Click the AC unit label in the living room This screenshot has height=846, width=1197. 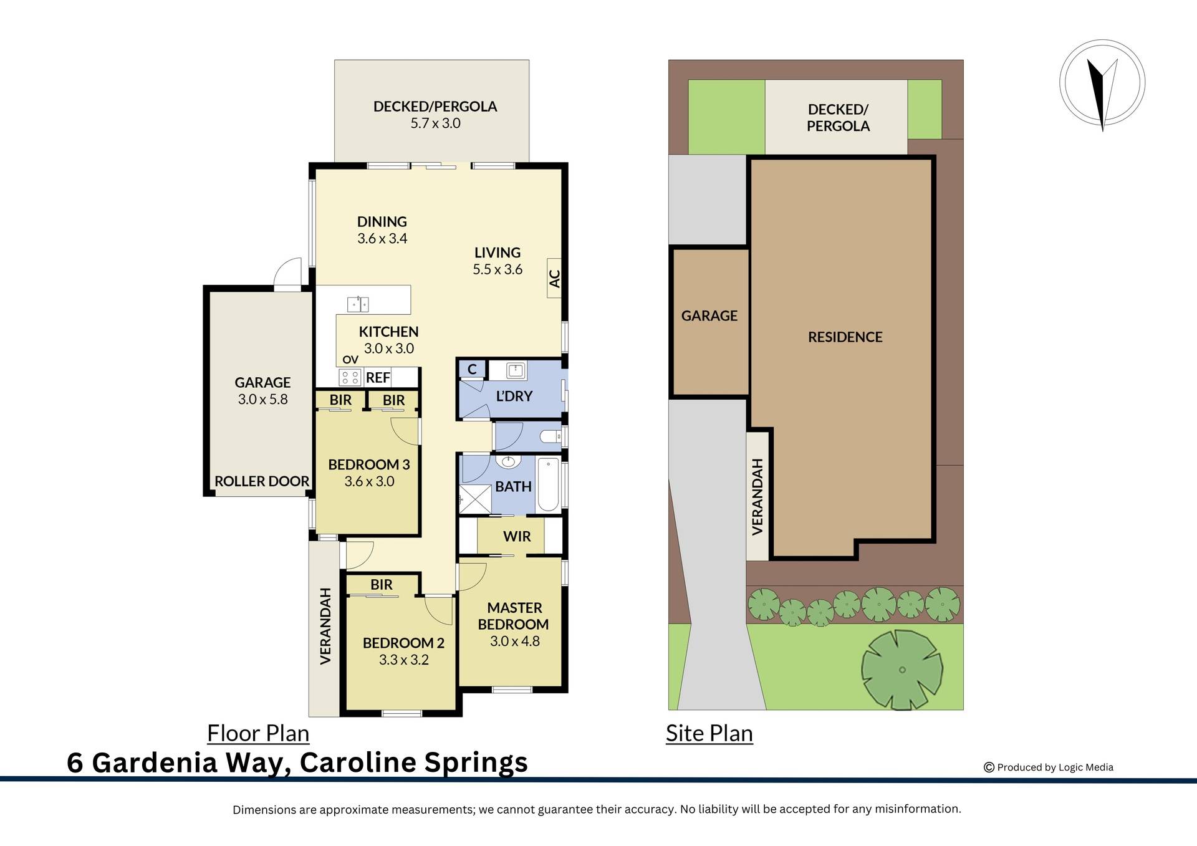(x=554, y=278)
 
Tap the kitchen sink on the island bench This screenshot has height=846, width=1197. (x=358, y=304)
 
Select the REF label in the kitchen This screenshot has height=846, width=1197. (x=378, y=378)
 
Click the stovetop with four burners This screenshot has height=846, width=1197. (x=350, y=377)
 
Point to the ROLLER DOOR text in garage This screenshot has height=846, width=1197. (x=262, y=481)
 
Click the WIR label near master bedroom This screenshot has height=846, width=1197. (x=517, y=536)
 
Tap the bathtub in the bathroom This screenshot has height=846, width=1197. (x=549, y=484)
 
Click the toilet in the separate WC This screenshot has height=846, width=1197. (x=551, y=436)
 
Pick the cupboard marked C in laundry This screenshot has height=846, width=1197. (x=472, y=369)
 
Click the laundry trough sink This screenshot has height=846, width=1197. (x=516, y=371)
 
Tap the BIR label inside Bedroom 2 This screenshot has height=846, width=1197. (x=381, y=585)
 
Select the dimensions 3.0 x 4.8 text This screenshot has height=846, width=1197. (x=514, y=641)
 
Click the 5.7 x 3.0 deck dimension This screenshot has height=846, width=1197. (x=435, y=123)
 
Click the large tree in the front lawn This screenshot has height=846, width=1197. (x=901, y=670)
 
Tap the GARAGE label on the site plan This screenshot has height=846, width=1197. (x=709, y=316)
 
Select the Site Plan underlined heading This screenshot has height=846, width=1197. (x=709, y=733)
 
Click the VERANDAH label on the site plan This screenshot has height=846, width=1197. (x=757, y=497)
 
